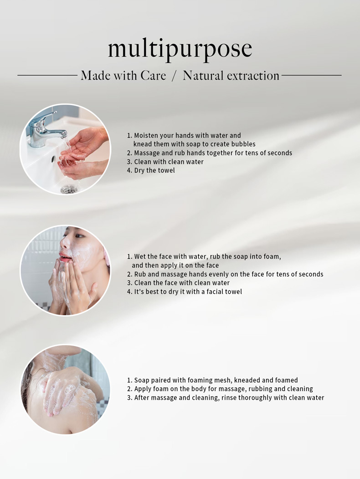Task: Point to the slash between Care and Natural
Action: pyautogui.click(x=174, y=76)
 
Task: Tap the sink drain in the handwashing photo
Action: pyautogui.click(x=67, y=189)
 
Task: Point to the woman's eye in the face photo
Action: pyautogui.click(x=80, y=235)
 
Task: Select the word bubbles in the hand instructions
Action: pyautogui.click(x=243, y=144)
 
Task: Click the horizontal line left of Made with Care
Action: pyautogui.click(x=47, y=75)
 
